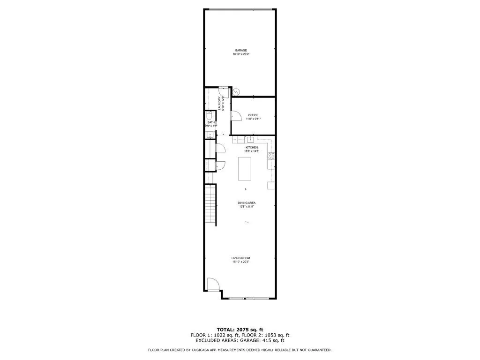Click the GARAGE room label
point(241,50)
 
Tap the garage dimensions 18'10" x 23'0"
point(241,54)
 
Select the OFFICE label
point(253,115)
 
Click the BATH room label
point(211,122)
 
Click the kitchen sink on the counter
point(250,139)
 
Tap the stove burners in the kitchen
point(271,157)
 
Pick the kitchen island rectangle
point(245,169)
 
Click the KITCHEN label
point(252,147)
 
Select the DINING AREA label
point(247,203)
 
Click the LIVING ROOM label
point(241,258)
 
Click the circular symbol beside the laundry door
point(237,92)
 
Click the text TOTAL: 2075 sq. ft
point(240,329)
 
